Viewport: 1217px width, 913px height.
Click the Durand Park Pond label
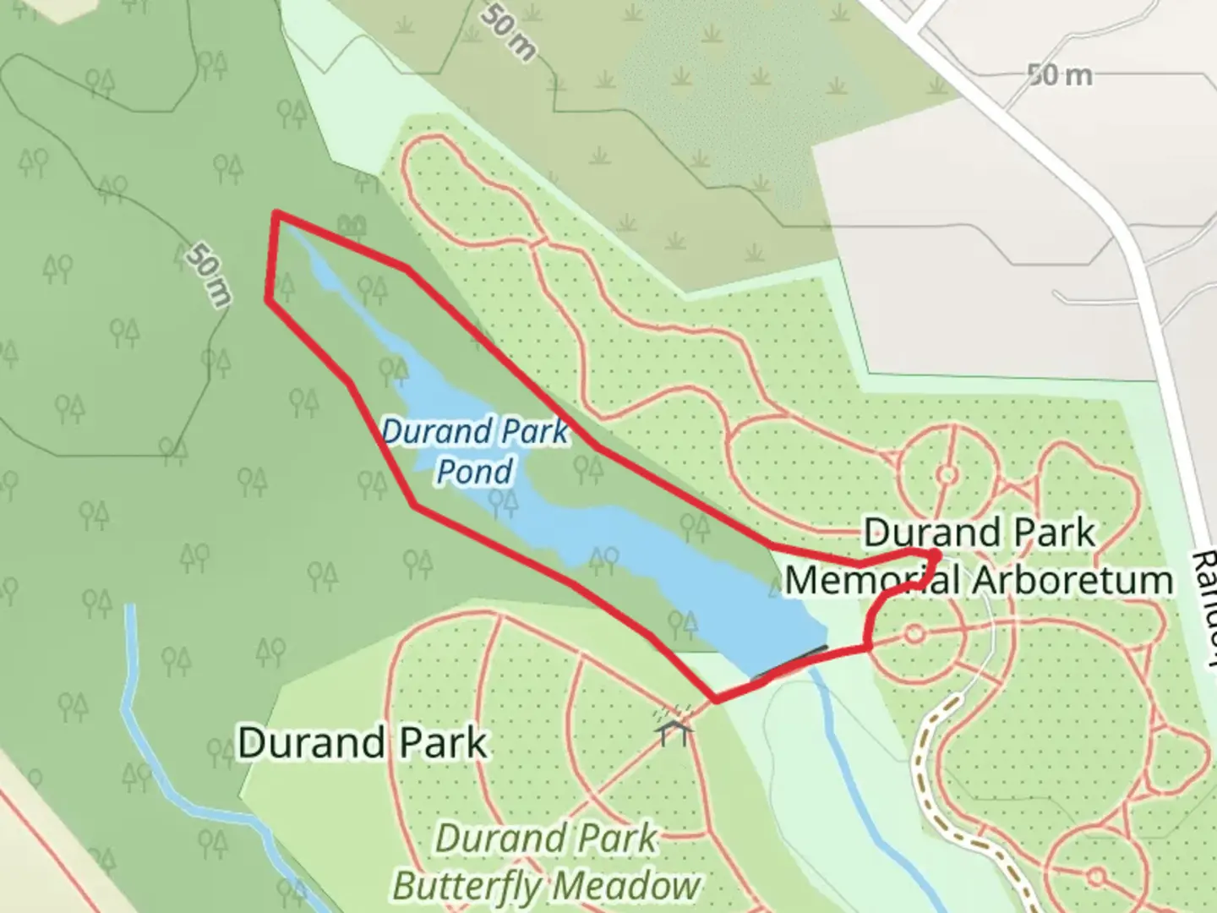pyautogui.click(x=475, y=451)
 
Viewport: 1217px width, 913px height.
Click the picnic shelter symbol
pyautogui.click(x=674, y=727)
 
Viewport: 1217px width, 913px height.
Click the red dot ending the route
pyautogui.click(x=933, y=555)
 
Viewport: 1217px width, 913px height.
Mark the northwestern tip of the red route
pyautogui.click(x=276, y=215)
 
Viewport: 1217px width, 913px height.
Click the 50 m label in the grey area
pyautogui.click(x=1060, y=76)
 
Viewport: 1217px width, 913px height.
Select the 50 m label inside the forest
pyautogui.click(x=208, y=274)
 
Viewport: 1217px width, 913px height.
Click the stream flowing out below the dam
pyautogui.click(x=854, y=761)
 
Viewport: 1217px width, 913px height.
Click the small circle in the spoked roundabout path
pyautogui.click(x=947, y=474)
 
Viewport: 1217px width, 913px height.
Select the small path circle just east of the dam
pyautogui.click(x=914, y=633)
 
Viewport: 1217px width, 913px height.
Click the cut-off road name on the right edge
pyautogui.click(x=1205, y=600)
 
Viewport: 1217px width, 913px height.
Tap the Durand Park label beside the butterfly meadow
pyautogui.click(x=363, y=743)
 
